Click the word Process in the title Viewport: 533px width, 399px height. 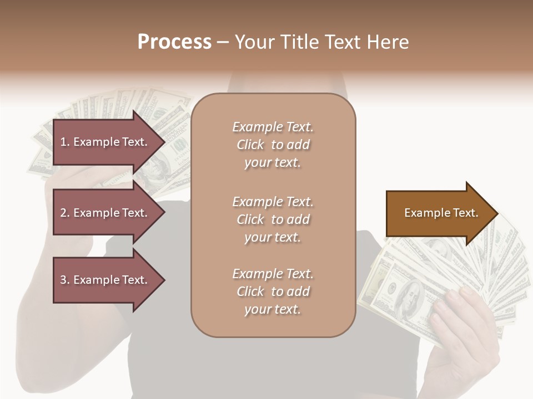coord(174,42)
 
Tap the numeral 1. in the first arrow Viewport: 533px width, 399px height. coord(65,142)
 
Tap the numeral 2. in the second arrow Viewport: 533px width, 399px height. coord(65,213)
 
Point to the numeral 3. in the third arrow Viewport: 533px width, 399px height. coord(65,280)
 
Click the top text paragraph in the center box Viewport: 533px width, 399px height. coord(273,145)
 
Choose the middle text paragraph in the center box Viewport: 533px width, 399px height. coord(273,219)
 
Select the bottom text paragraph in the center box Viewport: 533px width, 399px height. coord(273,291)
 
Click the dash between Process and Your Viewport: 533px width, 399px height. coord(223,42)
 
